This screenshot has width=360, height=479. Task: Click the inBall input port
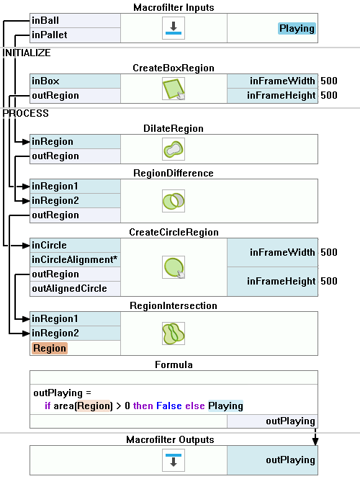[75, 20]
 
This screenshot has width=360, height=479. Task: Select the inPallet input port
[75, 35]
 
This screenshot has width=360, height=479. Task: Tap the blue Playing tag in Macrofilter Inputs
[297, 28]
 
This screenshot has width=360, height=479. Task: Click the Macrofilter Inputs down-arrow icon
[174, 28]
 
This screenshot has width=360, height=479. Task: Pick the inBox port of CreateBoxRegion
[75, 81]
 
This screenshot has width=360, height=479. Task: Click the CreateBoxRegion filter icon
[174, 89]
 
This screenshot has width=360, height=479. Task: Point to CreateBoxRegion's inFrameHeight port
[272, 96]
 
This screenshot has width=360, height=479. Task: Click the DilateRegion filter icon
[174, 149]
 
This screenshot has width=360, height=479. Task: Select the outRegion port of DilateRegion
[75, 156]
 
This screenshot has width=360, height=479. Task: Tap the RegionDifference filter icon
[174, 201]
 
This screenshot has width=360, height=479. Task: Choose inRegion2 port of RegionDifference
[75, 201]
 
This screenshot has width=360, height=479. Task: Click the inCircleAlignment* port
[75, 259]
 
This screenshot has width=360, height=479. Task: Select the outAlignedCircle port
[75, 289]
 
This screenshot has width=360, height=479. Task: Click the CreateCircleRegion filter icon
[174, 267]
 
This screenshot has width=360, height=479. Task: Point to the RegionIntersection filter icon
[174, 333]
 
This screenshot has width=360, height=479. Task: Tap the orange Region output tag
[50, 348]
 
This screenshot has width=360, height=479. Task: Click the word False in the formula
[169, 406]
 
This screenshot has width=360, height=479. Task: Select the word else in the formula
[195, 406]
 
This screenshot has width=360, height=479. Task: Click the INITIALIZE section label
[27, 53]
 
